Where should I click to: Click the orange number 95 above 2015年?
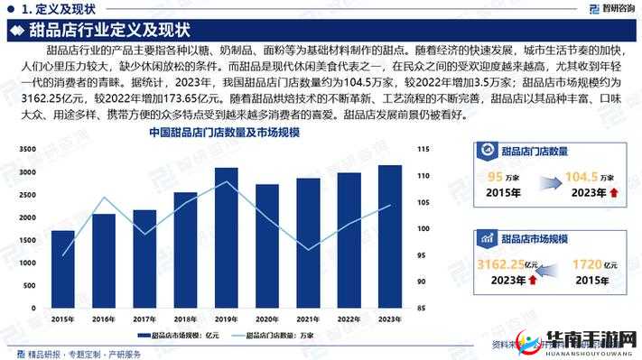(x=495, y=177)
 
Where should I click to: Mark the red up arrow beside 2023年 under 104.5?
(x=615, y=193)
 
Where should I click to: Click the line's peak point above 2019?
(x=227, y=182)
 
